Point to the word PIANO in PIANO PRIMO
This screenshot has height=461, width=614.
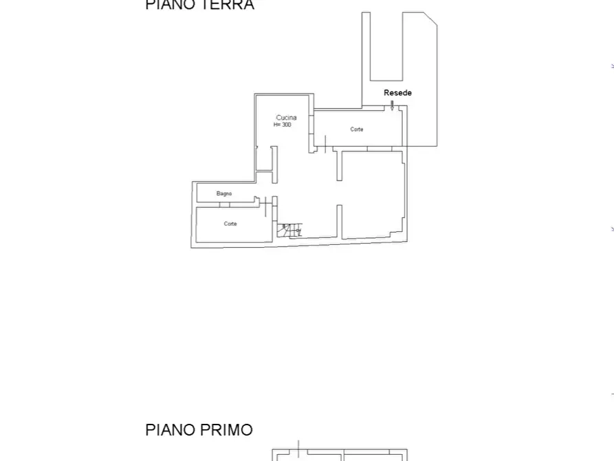tap(169, 430)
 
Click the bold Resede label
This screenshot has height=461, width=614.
tap(397, 93)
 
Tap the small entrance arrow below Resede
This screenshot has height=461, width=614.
tap(392, 106)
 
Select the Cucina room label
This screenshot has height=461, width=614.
tap(286, 118)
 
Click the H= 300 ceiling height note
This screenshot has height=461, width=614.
tap(283, 125)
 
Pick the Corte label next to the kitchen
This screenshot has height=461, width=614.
tap(356, 129)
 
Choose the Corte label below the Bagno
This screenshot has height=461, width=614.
tap(230, 224)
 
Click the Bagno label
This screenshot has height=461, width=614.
tap(224, 194)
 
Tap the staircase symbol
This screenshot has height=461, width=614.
tap(289, 230)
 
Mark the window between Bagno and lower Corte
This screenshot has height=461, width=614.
tap(224, 205)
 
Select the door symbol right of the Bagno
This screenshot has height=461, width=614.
tap(265, 204)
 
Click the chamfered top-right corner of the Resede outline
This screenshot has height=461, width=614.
tap(430, 19)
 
